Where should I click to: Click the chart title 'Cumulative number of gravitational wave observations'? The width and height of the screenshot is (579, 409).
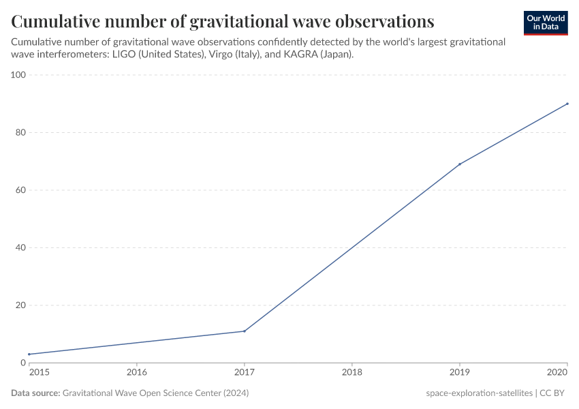pos(222,21)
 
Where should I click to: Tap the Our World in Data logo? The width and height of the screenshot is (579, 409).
pos(545,22)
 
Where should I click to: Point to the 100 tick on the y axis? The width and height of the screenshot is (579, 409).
pos(18,75)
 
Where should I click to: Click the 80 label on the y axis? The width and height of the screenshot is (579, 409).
pos(20,132)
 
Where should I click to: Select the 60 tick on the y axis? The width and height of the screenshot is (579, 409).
pos(20,190)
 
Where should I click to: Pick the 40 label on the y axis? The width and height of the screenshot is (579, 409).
pos(20,247)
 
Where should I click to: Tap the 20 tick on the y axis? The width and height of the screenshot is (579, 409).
pos(20,305)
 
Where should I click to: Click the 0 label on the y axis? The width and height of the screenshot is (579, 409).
pos(22,363)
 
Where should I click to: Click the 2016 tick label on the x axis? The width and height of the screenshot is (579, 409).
pos(137,373)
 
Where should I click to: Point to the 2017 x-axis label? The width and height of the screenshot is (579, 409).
pos(245,373)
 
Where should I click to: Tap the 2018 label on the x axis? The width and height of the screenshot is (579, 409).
pos(352,373)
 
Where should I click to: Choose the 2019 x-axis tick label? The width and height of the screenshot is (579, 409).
pos(460,373)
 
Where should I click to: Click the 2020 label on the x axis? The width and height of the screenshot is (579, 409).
pos(558,373)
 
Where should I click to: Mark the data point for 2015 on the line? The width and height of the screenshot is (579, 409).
pos(29,354)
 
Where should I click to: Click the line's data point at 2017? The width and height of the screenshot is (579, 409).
pos(245,331)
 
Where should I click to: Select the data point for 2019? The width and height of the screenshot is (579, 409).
pos(460,164)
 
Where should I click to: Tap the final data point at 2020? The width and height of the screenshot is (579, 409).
pos(567,104)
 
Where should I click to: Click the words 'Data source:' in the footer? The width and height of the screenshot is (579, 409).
pos(35,393)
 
